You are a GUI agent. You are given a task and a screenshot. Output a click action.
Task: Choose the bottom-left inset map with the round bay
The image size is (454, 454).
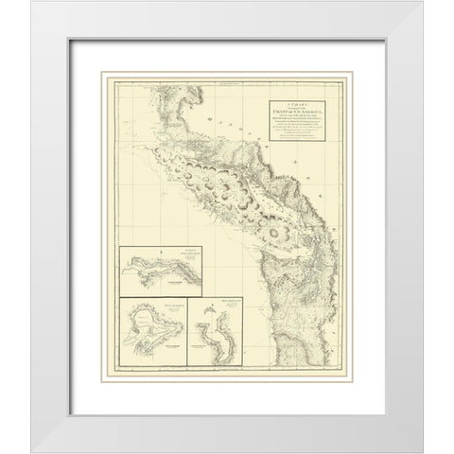pyautogui.click(x=150, y=332)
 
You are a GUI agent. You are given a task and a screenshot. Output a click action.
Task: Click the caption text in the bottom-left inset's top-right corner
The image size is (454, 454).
pyautogui.click(x=170, y=303)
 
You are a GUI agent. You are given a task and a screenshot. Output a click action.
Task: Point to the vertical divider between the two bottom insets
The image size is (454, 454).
pyautogui.click(x=186, y=332)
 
